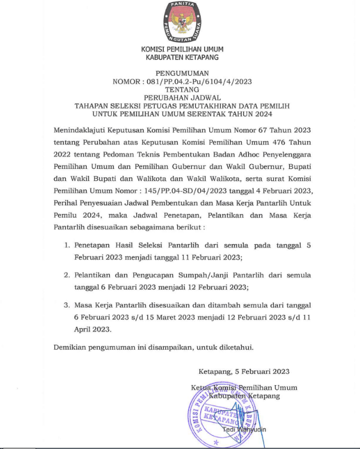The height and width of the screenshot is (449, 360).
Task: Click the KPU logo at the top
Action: coord(182,22)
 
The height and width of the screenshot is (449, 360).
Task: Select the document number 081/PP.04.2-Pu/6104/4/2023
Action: coord(199,82)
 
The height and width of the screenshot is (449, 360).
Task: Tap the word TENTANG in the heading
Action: coord(182,90)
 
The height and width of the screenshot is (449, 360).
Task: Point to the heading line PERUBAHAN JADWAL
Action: coord(182,98)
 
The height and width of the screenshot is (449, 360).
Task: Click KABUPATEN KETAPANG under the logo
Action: coord(182,58)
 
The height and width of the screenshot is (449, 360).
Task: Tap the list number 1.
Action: coord(67,246)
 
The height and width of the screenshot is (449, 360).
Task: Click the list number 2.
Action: coord(67,275)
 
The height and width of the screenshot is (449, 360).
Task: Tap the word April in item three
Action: coord(84,329)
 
